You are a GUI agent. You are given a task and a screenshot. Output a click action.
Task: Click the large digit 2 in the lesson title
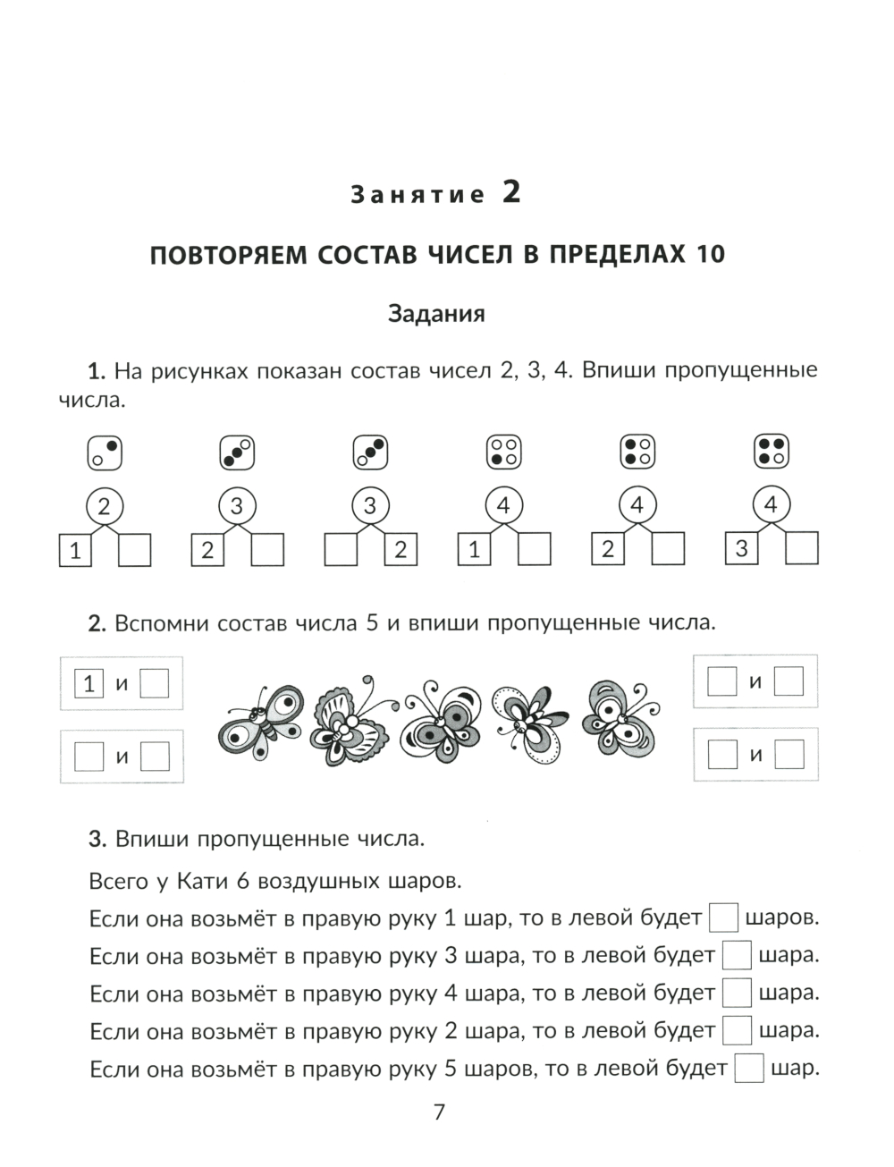coord(510,192)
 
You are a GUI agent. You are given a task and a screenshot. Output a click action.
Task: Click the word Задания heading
coord(436,314)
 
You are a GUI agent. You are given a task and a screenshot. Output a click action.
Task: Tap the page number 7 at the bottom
coord(439,1112)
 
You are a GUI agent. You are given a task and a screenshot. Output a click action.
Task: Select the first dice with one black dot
coord(104,452)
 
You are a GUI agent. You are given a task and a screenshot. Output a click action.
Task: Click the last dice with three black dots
coord(771,452)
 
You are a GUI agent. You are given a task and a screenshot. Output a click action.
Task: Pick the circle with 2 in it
coord(104,507)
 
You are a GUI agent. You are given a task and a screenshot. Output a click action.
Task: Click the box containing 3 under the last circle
coord(741,548)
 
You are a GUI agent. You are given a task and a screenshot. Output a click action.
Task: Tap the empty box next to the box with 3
coord(801,548)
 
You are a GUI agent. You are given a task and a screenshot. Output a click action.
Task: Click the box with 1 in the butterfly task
coord(88,684)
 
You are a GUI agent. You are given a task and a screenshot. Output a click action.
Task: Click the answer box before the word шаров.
coord(723,918)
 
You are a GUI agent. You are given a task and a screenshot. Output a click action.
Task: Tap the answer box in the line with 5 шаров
coord(748,1069)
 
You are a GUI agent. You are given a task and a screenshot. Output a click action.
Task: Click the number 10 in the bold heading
coord(708,255)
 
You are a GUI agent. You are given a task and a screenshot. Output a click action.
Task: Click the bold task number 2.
coord(97,624)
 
